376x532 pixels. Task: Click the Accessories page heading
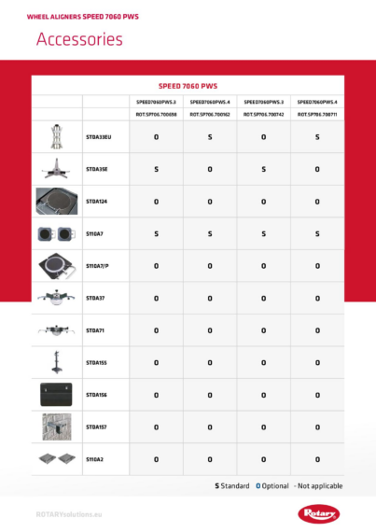pyautogui.click(x=79, y=39)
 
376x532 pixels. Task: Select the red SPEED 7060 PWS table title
pyautogui.click(x=188, y=85)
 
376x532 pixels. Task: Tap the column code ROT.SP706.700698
pyautogui.click(x=156, y=115)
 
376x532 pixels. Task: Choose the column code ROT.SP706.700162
pyautogui.click(x=210, y=115)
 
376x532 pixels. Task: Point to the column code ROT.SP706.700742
pyautogui.click(x=263, y=115)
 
